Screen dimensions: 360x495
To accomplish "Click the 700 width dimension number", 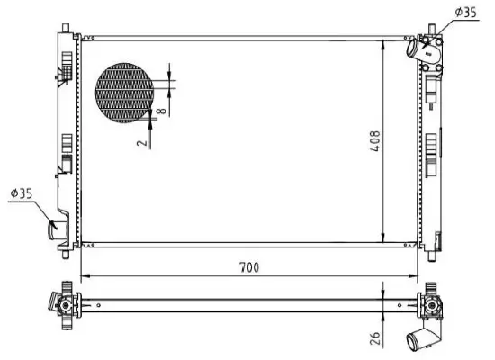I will pyautogui.click(x=249, y=265).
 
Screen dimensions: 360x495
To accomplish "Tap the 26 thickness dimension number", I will pyautogui.click(x=376, y=338).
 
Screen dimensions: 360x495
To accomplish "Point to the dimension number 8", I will pyautogui.click(x=160, y=111).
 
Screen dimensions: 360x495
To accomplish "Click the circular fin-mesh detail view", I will pyautogui.click(x=125, y=92).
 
